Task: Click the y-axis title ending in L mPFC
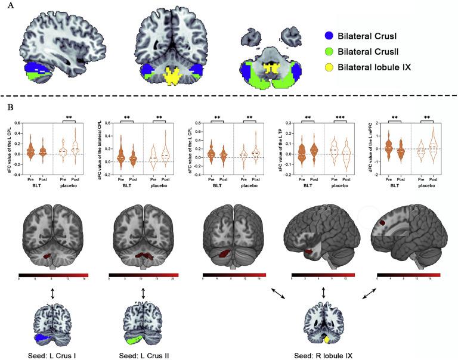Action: point(369,145)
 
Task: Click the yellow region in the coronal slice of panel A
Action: point(172,77)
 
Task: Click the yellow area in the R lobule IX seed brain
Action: point(327,339)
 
